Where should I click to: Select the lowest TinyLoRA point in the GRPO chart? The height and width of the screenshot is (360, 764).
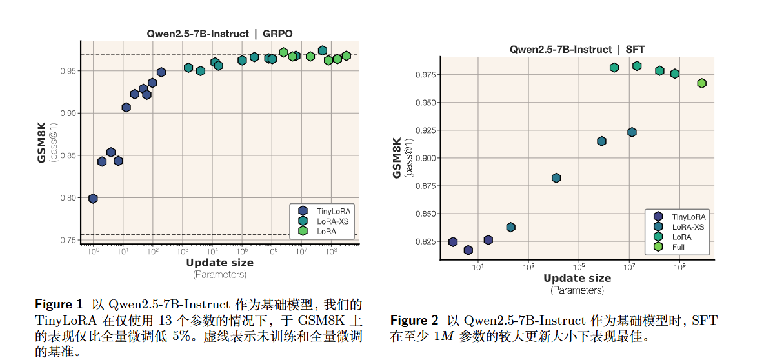(93, 199)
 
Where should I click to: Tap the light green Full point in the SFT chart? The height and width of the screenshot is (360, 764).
(701, 83)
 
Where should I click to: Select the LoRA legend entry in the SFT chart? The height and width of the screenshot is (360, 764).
(681, 237)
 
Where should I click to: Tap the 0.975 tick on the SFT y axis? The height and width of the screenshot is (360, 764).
(423, 75)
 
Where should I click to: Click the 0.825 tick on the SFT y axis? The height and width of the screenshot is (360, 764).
(423, 242)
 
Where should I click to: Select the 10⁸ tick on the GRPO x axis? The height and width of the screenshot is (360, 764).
(331, 252)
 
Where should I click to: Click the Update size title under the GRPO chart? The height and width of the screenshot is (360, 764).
(219, 263)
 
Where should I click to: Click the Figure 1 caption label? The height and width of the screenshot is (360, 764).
(58, 304)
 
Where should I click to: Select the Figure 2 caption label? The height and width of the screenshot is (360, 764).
(414, 320)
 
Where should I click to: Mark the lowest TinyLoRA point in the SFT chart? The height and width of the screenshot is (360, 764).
(468, 250)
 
